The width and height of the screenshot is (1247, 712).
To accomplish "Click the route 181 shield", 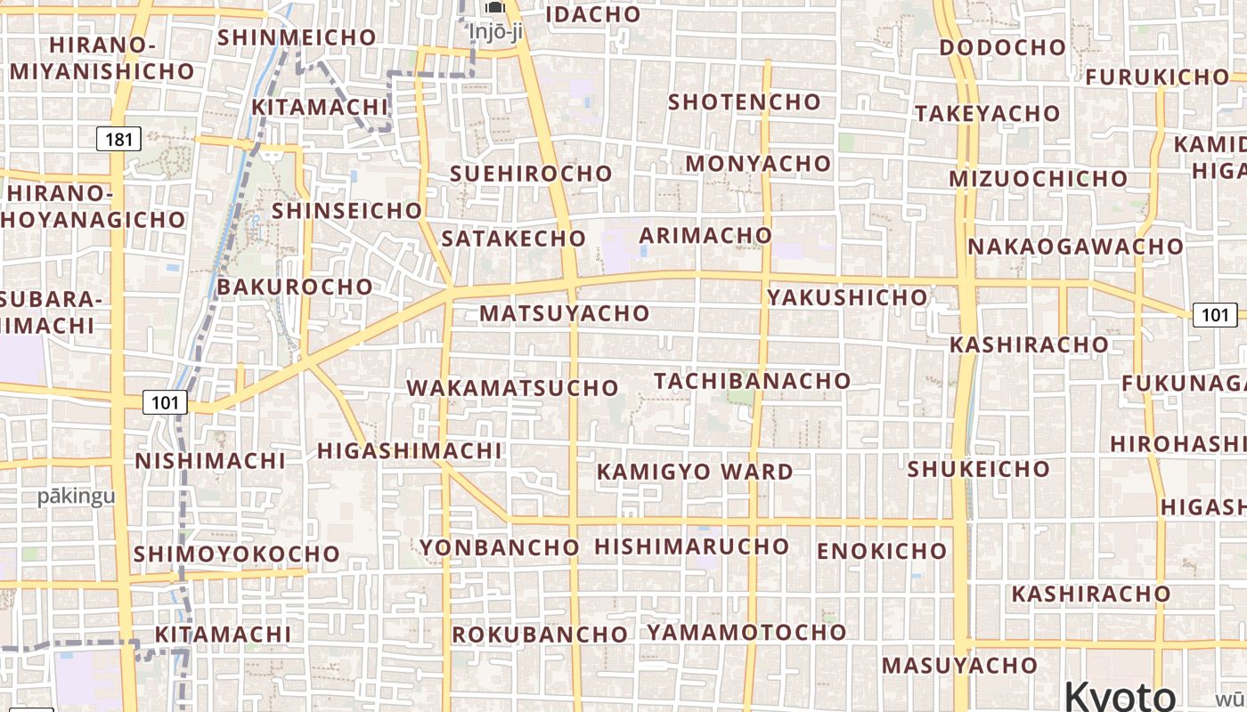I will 118,139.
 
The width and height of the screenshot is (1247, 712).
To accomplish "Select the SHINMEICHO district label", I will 297,37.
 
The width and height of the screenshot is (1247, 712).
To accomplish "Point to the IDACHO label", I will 592,14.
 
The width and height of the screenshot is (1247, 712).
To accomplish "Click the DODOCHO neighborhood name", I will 1002,47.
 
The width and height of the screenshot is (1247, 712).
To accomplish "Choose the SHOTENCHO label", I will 744,101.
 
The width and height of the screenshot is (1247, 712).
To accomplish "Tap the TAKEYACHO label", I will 987,113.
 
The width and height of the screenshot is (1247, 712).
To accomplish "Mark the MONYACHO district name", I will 757,164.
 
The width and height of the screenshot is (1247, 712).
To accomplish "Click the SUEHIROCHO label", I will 531,174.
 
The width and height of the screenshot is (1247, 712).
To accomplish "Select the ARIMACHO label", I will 705,235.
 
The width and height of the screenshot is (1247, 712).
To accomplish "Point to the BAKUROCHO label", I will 295,287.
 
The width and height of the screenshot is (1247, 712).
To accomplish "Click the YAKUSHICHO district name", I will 847,297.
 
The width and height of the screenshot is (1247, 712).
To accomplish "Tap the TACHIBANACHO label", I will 752,381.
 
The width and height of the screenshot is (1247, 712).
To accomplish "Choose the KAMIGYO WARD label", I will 695,472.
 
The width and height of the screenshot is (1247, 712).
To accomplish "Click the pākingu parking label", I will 77,497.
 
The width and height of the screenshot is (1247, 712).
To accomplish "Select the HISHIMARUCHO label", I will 691,546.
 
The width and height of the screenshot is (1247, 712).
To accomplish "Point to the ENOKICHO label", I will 881,551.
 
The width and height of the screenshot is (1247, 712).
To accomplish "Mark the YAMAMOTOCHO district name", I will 746,632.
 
